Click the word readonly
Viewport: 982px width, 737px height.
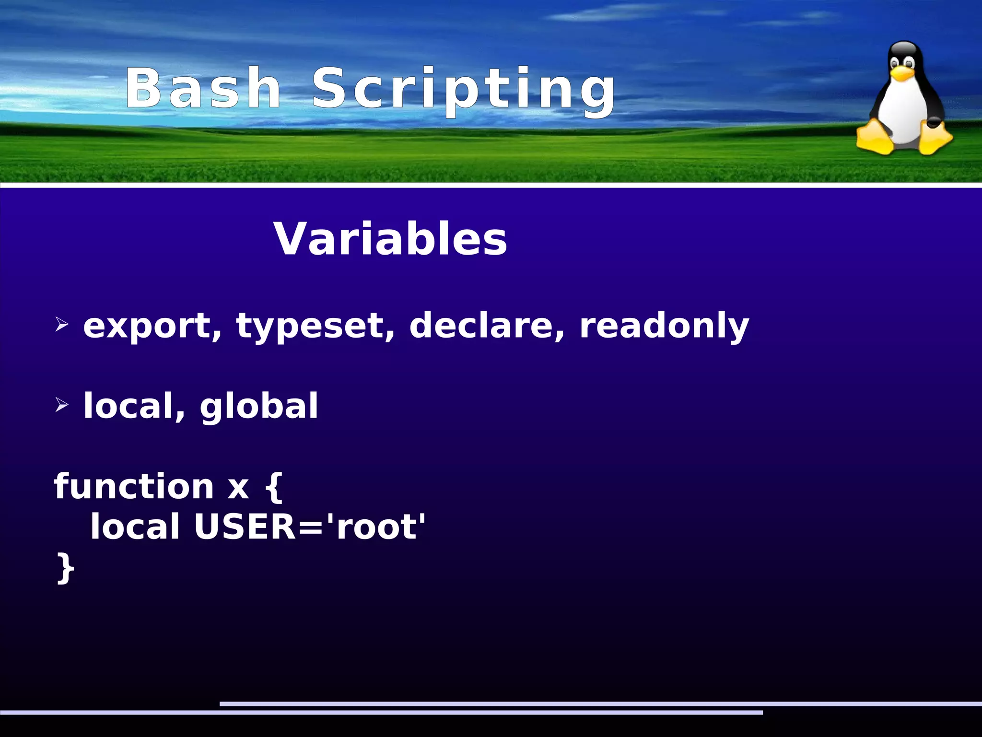(664, 326)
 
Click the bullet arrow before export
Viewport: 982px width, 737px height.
(62, 325)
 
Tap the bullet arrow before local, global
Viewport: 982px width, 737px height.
(62, 405)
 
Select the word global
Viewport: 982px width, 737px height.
(259, 406)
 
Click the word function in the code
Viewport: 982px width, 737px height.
(134, 486)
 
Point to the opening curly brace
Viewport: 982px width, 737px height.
(274, 486)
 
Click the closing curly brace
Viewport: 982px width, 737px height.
(65, 567)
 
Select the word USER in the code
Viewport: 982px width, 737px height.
(245, 526)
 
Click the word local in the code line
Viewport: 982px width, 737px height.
(135, 526)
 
